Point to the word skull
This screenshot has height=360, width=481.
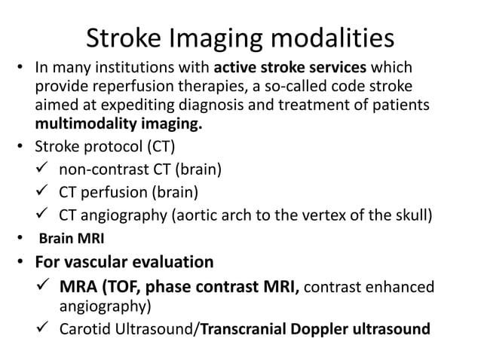tap(412, 218)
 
